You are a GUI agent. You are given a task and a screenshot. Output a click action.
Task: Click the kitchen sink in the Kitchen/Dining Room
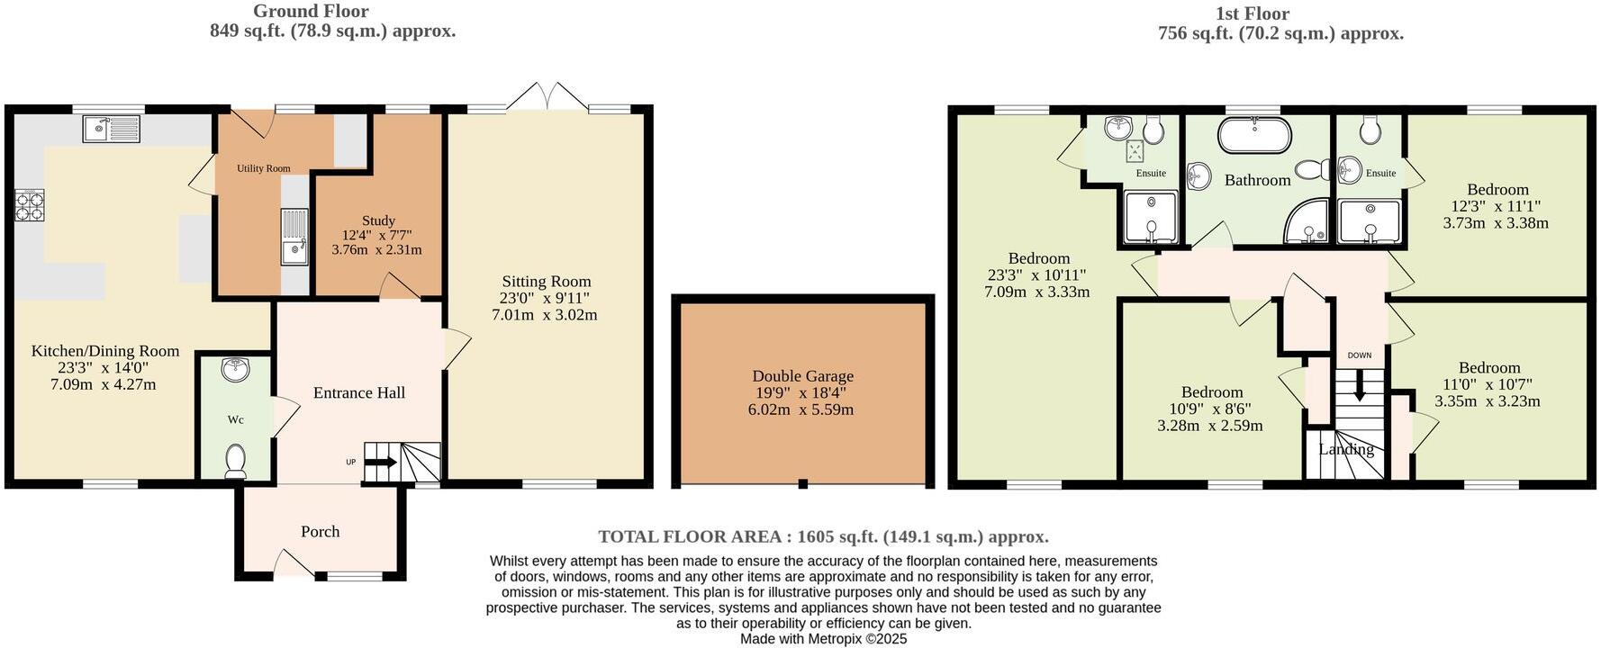(x=113, y=129)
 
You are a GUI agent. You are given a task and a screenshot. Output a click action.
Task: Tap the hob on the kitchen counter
(x=29, y=207)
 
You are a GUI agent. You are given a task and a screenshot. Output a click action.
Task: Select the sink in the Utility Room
(x=294, y=238)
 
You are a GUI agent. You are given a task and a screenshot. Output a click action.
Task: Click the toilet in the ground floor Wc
(x=236, y=460)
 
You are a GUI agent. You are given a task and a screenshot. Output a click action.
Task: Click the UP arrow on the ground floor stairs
(x=380, y=463)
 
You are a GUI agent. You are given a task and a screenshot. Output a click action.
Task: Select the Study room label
(x=378, y=220)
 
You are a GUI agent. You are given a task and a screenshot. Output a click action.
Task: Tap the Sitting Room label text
(x=546, y=282)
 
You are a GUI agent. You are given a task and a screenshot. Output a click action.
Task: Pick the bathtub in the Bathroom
(x=1254, y=137)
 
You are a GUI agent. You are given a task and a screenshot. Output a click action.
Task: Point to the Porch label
(x=320, y=532)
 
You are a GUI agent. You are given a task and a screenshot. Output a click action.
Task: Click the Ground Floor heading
(x=310, y=12)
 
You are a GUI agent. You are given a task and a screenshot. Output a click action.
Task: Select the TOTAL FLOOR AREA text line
(x=823, y=537)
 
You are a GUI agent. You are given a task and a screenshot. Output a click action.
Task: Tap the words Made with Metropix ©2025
(x=823, y=639)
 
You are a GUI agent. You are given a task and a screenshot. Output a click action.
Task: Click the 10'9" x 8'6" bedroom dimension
(x=1211, y=409)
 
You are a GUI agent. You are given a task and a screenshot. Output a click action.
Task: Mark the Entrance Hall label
(x=358, y=392)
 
